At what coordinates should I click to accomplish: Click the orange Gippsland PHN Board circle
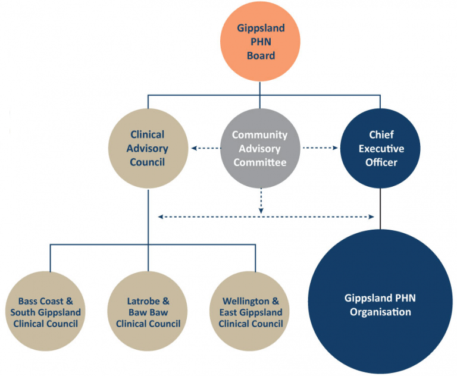pos(260,42)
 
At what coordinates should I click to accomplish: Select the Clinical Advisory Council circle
pos(147,148)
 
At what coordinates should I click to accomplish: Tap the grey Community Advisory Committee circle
pos(259,148)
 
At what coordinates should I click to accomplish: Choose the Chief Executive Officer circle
pos(380,148)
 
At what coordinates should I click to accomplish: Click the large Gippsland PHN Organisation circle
pos(380,304)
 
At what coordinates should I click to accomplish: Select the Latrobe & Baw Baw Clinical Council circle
pos(148,311)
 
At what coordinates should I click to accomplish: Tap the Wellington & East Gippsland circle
pos(251,311)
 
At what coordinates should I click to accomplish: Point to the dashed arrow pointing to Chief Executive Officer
pos(320,148)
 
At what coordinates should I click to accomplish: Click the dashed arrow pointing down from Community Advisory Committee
pos(260,201)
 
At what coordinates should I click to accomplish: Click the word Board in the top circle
pos(260,55)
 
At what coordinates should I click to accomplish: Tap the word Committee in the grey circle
pos(259,162)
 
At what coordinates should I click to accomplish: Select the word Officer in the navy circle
pos(381,162)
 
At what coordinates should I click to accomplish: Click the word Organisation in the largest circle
pos(380,312)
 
